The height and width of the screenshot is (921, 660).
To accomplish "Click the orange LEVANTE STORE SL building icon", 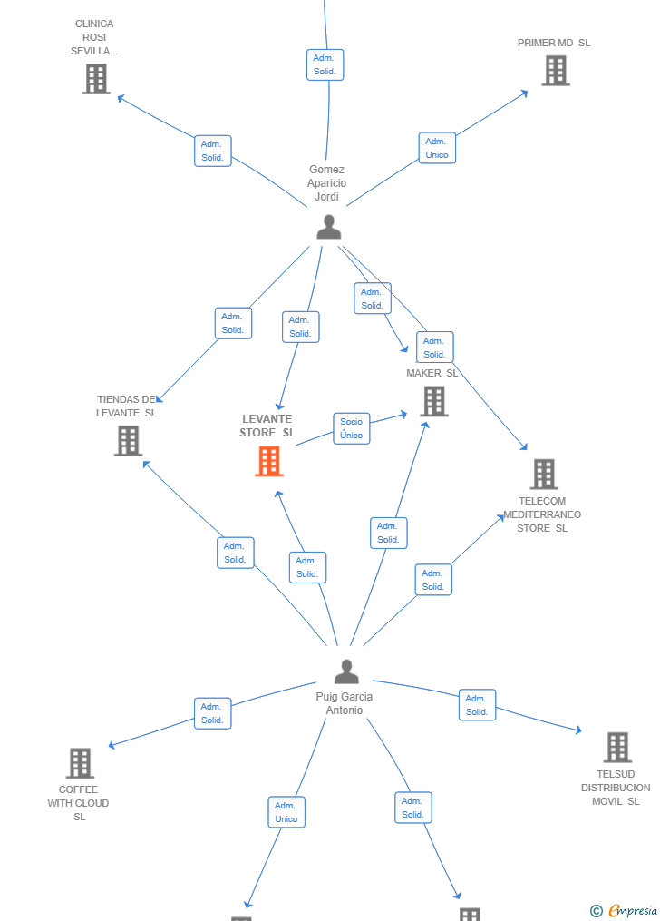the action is tap(269, 461).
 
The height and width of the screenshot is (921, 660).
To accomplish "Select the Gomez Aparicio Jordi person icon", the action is tap(329, 228).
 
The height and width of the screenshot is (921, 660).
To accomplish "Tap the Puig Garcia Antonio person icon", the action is tap(346, 671).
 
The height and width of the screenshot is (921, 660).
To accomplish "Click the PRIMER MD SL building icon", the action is tap(556, 71).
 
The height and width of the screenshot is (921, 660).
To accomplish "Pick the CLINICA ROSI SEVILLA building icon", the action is tap(96, 79).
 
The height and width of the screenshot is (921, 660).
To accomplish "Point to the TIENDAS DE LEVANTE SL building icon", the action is tap(129, 441).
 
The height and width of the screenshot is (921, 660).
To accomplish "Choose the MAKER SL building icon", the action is tap(434, 402).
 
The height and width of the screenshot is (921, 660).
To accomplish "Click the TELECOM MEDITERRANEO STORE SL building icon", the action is tap(544, 474).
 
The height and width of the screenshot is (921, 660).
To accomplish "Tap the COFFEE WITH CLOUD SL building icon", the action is tap(80, 763).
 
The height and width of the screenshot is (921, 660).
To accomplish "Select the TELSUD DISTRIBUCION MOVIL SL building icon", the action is tap(617, 747).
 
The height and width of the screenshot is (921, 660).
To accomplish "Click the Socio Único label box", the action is tap(352, 428).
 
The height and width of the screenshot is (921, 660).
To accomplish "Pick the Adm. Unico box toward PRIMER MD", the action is tap(437, 148).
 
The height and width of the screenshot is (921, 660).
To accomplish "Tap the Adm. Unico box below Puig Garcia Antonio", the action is tap(286, 812).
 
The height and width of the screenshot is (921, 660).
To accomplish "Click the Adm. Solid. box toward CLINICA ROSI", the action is tap(213, 151).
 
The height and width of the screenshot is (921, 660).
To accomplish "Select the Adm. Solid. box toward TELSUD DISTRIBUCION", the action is tap(477, 705).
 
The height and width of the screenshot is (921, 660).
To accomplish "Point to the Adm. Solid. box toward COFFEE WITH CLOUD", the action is tap(212, 713).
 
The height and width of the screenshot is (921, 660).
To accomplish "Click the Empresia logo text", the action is tap(633, 910).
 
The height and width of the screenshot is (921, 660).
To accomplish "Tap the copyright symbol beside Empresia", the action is tap(596, 911).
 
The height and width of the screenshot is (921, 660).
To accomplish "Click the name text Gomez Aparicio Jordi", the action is tap(326, 182).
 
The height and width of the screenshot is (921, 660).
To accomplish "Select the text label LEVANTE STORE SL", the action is tap(267, 426).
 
